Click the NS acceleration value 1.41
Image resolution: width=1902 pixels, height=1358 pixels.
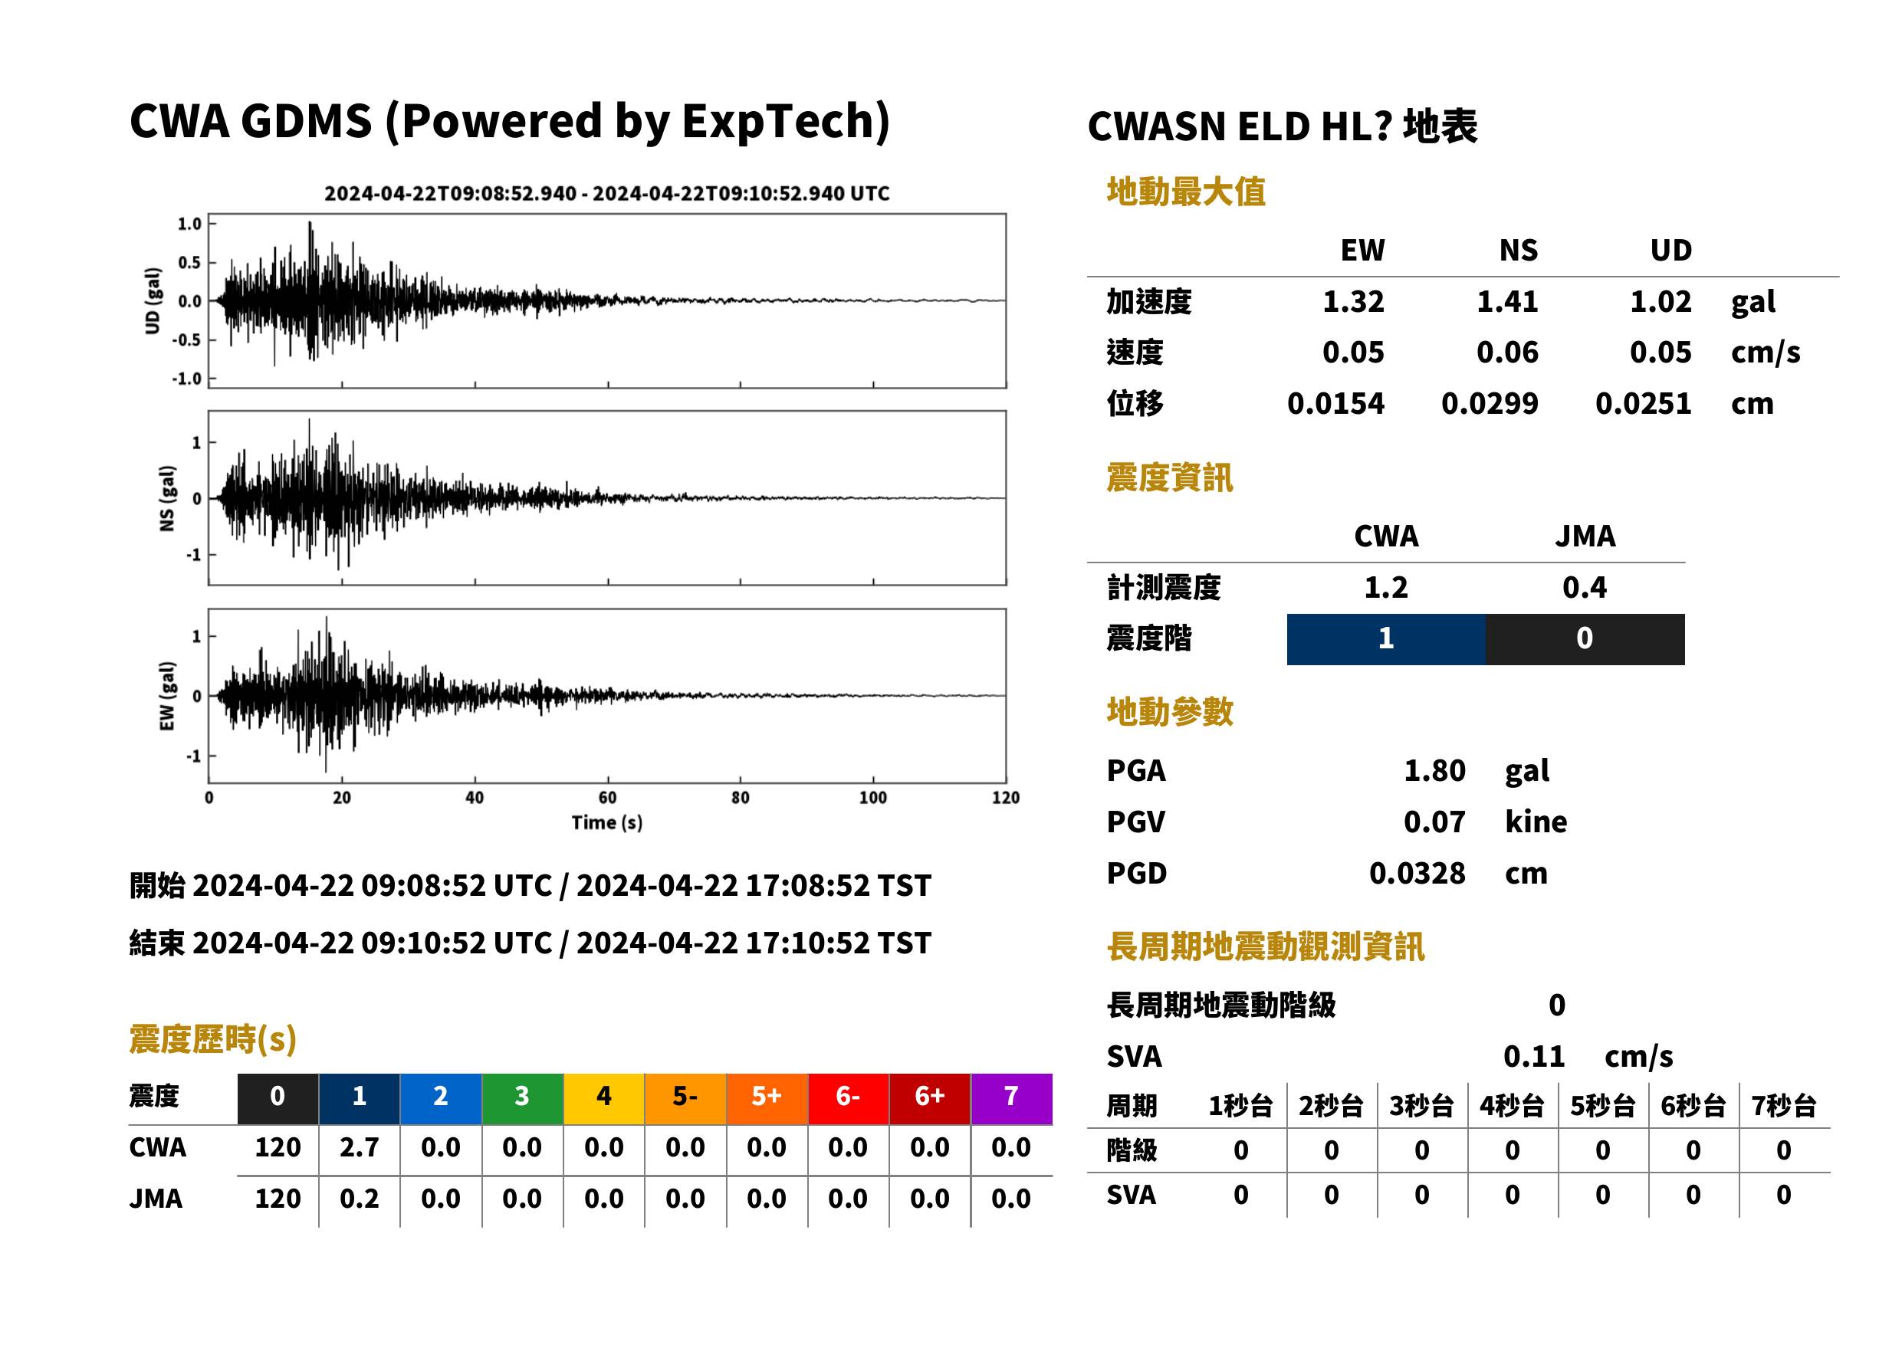(x=1506, y=302)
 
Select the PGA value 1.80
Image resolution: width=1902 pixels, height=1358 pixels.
(x=1434, y=770)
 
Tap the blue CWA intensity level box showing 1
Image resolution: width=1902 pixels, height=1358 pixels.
(x=1386, y=639)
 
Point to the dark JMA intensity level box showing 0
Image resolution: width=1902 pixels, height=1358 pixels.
(x=1585, y=639)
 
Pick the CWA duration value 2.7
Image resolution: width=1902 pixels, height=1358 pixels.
(x=360, y=1147)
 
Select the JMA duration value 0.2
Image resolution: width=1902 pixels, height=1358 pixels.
(x=360, y=1199)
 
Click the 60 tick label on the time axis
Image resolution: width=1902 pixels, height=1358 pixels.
(x=607, y=798)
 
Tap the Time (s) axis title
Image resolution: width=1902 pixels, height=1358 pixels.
(x=607, y=823)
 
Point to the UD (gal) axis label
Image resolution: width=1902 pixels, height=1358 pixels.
(x=153, y=301)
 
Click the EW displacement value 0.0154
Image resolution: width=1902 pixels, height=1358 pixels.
(x=1335, y=404)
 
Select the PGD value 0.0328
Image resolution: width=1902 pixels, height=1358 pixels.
(x=1417, y=873)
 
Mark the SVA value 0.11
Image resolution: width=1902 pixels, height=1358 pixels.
(x=1534, y=1056)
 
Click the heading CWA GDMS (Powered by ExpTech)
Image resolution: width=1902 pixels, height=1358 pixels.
(x=509, y=121)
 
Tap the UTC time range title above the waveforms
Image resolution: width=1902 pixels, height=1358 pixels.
(x=607, y=194)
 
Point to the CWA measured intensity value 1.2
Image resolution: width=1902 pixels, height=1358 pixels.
(x=1386, y=588)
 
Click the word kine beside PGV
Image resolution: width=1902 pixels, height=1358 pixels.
(x=1536, y=822)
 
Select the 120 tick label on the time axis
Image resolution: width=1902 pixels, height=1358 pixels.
(x=1005, y=798)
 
